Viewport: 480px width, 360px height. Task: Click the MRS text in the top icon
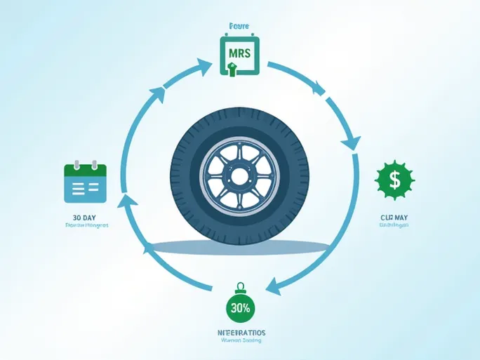239,53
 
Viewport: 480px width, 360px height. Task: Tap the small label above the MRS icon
239,26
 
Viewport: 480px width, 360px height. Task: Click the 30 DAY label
84,217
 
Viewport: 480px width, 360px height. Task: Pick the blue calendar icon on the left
85,183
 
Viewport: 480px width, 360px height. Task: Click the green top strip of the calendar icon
85,169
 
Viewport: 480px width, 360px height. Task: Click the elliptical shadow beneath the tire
239,246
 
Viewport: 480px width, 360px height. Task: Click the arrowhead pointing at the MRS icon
204,66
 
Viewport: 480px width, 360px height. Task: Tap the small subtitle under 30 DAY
87,226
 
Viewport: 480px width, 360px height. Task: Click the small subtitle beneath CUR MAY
394,225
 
